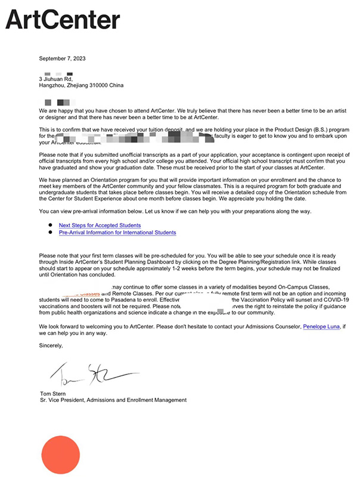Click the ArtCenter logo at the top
pyautogui.click(x=63, y=21)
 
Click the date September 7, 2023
pyautogui.click(x=62, y=58)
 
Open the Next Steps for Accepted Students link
pyautogui.click(x=100, y=225)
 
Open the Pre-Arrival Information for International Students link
pyautogui.click(x=117, y=233)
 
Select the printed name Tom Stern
pyautogui.click(x=53, y=394)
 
